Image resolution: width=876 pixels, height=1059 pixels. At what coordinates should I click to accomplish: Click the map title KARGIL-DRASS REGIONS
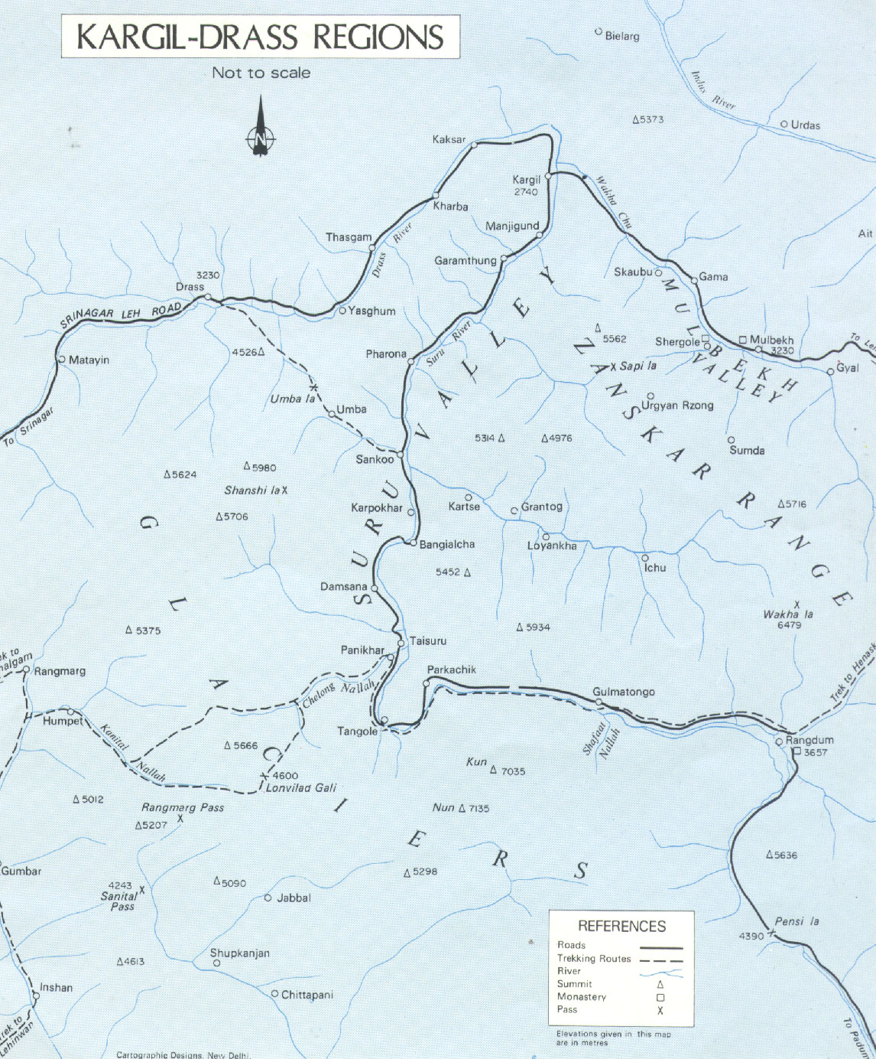260,37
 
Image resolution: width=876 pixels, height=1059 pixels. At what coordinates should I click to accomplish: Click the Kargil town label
526,180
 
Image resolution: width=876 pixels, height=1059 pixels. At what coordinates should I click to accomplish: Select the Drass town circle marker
208,298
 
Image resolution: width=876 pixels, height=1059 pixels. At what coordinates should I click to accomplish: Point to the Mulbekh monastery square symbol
742,340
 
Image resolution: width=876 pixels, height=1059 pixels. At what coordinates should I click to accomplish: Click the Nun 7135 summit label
461,808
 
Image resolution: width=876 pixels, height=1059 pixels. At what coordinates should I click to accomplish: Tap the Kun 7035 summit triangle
493,771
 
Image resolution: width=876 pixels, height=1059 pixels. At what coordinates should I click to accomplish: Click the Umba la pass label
292,399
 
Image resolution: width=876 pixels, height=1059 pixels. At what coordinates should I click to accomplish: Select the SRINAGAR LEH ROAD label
121,314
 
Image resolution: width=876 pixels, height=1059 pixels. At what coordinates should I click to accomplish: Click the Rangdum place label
809,740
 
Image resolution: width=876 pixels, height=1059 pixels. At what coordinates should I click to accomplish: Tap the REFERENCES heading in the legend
621,926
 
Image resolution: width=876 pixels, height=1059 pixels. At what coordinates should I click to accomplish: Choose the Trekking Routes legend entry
594,958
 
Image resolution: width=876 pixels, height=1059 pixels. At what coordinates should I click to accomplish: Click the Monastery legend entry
581,996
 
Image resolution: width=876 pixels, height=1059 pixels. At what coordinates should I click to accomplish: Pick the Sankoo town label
375,459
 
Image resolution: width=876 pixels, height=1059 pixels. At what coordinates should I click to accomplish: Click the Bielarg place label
621,36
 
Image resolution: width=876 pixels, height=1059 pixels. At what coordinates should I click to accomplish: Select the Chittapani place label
307,995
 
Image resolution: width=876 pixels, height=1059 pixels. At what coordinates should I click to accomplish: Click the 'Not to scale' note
261,73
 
